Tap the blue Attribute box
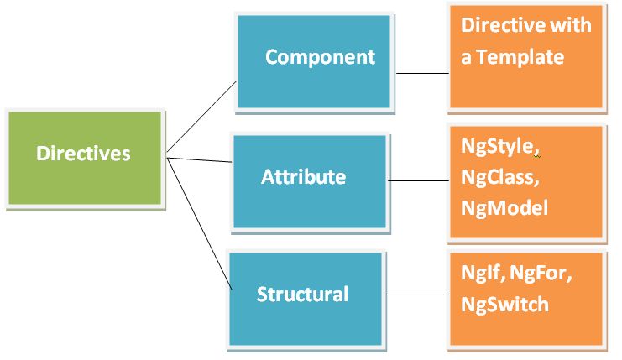[x=310, y=180]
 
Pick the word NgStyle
[x=497, y=146]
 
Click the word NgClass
[x=499, y=176]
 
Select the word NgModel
[x=504, y=206]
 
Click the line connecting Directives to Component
[x=201, y=117]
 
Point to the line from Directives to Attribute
[x=200, y=159]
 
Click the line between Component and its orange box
[x=422, y=73]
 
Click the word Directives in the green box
[x=83, y=154]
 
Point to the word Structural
[x=302, y=295]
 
